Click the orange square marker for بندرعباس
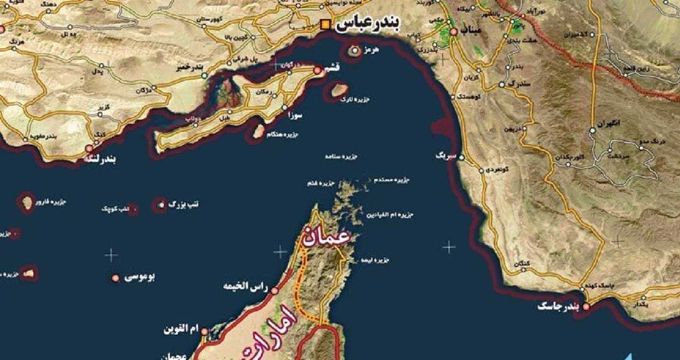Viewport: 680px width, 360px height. [x=325, y=25]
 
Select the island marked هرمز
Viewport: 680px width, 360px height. [x=355, y=51]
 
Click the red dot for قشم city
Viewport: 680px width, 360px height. [x=317, y=71]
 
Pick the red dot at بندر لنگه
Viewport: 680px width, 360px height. [x=89, y=149]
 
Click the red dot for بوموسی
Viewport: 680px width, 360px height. [x=116, y=277]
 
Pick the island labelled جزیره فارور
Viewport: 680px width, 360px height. [x=27, y=203]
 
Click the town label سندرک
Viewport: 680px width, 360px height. [x=520, y=83]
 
